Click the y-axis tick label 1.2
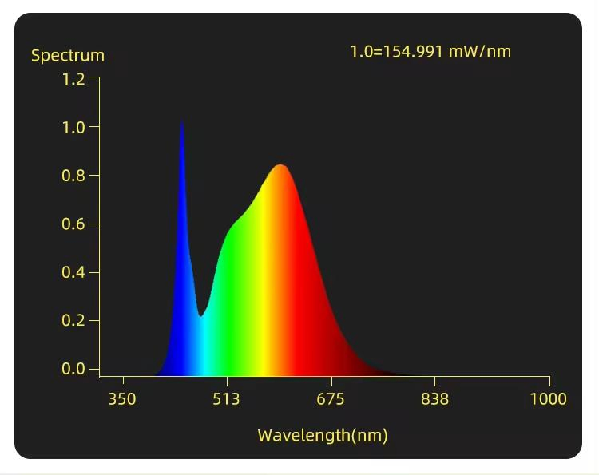coord(73,79)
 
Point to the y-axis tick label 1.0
coord(73,127)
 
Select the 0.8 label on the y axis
coord(73,176)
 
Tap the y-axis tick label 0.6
coord(73,224)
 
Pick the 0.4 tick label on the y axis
coord(73,273)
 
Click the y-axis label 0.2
coord(73,321)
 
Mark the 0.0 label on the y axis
coord(73,369)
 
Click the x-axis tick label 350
coord(122,399)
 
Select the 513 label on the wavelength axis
coord(226,399)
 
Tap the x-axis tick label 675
coord(331,399)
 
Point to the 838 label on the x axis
coord(434,399)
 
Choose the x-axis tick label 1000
coord(548,399)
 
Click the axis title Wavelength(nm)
coord(323,435)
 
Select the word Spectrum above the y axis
coord(68,56)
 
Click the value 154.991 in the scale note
coord(414,52)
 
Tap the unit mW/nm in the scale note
coord(479,52)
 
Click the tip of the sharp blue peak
coord(182,122)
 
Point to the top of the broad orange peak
coord(280,165)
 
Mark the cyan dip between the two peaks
coord(201,315)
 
